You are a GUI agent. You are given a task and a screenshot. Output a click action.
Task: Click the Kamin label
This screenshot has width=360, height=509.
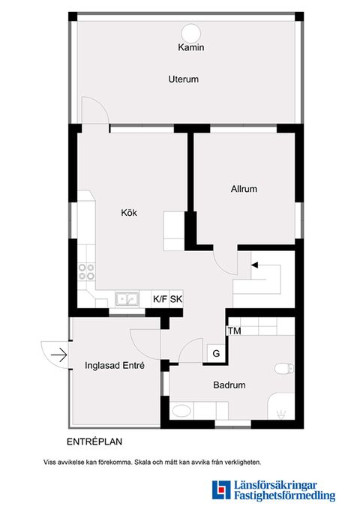[191, 47]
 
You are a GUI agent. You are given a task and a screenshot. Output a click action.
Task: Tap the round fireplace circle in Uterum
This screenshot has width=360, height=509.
[191, 34]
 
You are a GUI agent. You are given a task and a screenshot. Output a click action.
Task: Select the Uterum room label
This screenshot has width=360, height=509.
[183, 79]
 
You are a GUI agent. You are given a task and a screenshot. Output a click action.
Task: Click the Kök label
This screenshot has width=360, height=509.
[129, 213]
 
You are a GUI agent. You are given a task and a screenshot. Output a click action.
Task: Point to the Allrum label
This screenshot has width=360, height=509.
[244, 189]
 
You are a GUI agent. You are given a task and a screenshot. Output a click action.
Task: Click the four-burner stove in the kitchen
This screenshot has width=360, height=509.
[86, 271]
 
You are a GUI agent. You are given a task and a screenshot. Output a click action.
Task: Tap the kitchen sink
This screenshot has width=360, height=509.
[127, 299]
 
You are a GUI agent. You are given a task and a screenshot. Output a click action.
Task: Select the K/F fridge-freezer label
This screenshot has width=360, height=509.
[160, 299]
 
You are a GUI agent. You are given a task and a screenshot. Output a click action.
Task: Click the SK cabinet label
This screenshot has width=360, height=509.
[176, 299]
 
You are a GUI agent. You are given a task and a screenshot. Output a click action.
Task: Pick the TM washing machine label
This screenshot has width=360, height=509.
[234, 331]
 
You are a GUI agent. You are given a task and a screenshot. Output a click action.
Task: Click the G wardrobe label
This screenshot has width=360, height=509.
[216, 353]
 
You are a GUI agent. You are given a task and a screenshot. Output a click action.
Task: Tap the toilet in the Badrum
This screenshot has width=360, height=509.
[284, 368]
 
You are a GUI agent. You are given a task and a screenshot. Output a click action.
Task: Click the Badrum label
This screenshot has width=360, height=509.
[229, 385]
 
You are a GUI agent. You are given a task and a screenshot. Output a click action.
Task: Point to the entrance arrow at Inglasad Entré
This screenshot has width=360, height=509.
[58, 355]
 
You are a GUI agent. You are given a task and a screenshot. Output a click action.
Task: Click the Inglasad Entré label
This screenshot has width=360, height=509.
[115, 366]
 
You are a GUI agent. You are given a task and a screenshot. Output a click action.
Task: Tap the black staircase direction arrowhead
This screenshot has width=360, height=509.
[254, 265]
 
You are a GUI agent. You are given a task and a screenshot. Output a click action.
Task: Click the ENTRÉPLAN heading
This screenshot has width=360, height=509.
[94, 442]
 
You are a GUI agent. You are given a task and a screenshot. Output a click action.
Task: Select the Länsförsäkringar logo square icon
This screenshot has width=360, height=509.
[221, 490]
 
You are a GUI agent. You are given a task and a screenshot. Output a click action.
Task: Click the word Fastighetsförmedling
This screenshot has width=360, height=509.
[284, 496]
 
